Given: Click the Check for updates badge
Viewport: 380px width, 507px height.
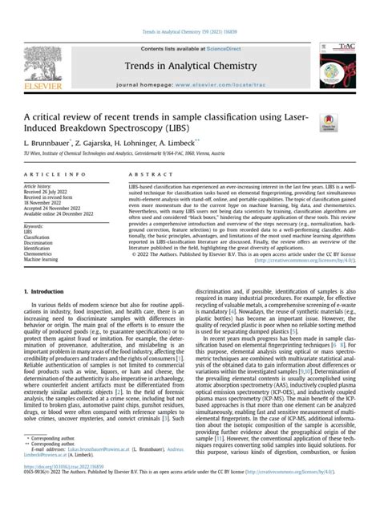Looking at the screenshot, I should coord(329,123).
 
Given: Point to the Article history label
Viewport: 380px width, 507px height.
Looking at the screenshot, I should coord(43,186).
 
